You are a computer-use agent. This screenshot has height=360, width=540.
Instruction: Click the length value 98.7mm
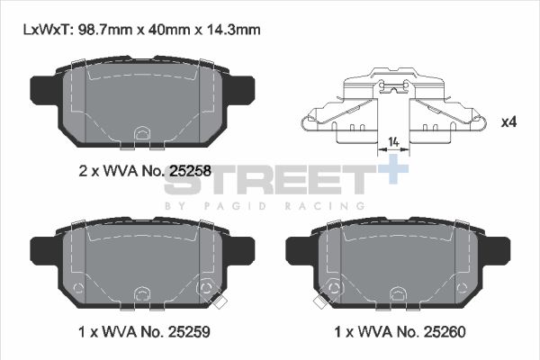click(104, 29)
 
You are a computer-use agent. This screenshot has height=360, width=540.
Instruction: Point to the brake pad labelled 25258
click(139, 103)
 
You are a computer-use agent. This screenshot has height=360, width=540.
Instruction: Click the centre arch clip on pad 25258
click(139, 135)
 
